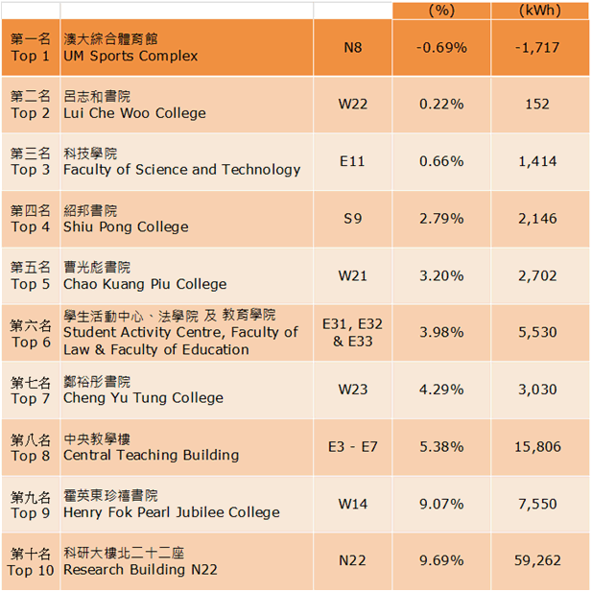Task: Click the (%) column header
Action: pyautogui.click(x=441, y=10)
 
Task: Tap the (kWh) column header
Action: pyautogui.click(x=540, y=10)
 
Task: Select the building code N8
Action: pyautogui.click(x=353, y=48)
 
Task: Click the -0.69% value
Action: pyautogui.click(x=441, y=48)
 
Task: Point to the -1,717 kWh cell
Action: pyautogui.click(x=537, y=48)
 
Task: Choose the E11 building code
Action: pyautogui.click(x=352, y=161)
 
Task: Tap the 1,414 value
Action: pyautogui.click(x=537, y=161)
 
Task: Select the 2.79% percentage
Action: pyautogui.click(x=441, y=219)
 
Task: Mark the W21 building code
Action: pyautogui.click(x=353, y=275)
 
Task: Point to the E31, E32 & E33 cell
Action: pyautogui.click(x=352, y=333)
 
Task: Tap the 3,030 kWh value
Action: pyautogui.click(x=537, y=390)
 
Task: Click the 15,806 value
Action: pyautogui.click(x=537, y=447)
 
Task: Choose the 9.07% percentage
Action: pyautogui.click(x=441, y=504)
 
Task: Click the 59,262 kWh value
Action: pyautogui.click(x=537, y=560)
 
